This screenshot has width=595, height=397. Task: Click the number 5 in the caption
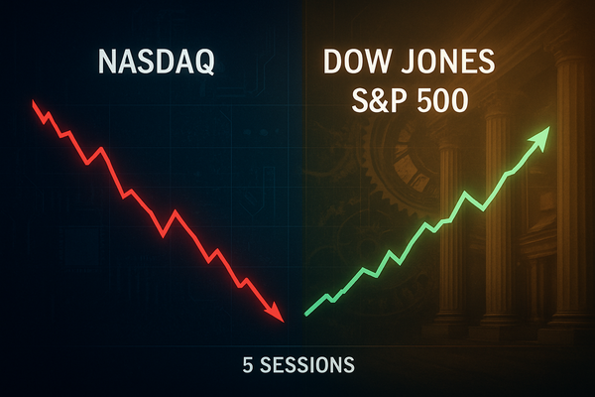[x=247, y=365]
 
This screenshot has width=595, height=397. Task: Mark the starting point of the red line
[x=34, y=101]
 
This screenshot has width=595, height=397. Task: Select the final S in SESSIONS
[x=348, y=365]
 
